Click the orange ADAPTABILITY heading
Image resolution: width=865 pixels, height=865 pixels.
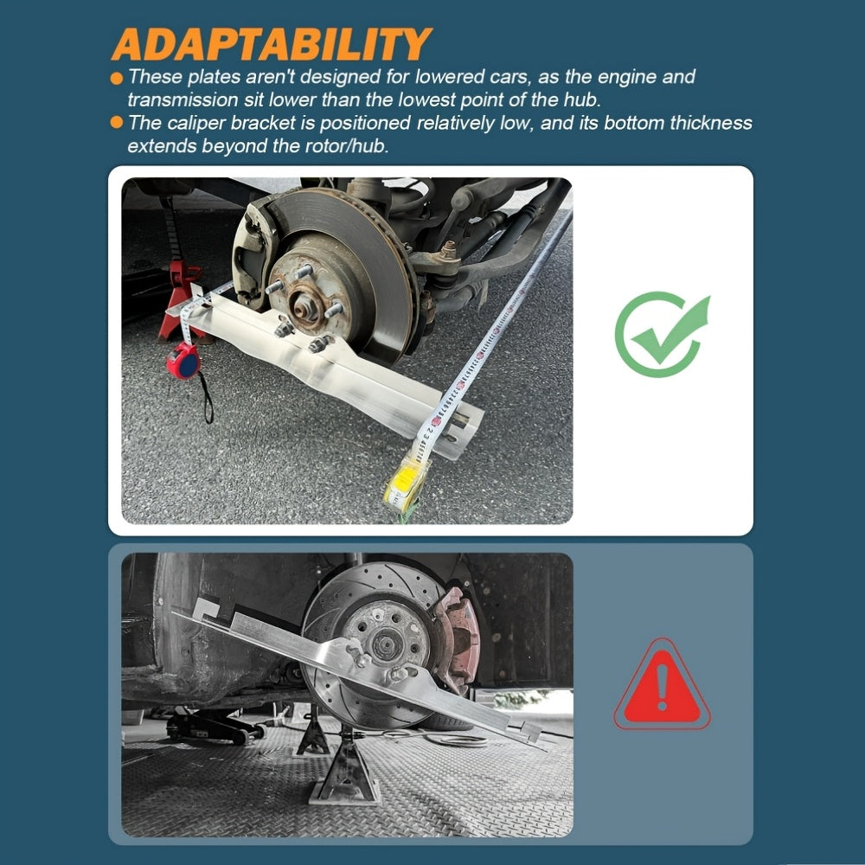272,44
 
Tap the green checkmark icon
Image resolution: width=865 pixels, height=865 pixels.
662,334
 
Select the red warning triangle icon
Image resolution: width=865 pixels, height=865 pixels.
662,684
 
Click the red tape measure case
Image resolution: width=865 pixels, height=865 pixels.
183,360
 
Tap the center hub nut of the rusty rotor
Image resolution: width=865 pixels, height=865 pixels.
303,305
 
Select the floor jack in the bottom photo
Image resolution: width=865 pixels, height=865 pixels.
215,726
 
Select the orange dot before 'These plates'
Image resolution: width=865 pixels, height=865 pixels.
117,78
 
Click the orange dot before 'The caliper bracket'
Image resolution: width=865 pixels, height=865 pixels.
117,122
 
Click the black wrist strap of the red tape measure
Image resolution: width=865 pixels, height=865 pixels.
207,398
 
